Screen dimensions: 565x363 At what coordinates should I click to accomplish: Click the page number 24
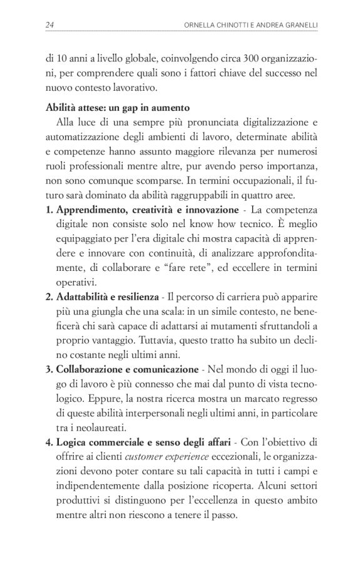[49, 25]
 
